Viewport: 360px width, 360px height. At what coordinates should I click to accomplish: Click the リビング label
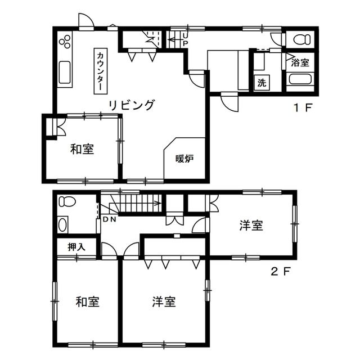131,105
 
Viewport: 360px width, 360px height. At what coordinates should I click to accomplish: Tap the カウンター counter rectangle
101,71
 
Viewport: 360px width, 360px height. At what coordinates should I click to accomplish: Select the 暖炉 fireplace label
184,159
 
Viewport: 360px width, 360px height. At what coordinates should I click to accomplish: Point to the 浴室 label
300,62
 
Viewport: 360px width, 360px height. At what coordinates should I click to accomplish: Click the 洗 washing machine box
262,83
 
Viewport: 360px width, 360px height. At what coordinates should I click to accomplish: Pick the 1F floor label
303,107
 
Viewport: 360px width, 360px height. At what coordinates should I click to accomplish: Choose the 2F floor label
281,272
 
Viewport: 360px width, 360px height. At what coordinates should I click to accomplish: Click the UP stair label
186,39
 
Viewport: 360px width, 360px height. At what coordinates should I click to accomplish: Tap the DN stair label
109,219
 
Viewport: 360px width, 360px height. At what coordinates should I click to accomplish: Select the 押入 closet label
76,247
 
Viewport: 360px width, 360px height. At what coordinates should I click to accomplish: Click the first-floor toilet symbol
301,39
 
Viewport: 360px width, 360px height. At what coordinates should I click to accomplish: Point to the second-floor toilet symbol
67,202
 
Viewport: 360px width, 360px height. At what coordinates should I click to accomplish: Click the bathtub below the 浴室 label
300,79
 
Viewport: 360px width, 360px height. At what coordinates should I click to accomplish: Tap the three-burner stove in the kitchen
65,42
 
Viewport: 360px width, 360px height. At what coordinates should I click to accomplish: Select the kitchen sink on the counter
65,73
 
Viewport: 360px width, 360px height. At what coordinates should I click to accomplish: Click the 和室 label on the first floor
82,148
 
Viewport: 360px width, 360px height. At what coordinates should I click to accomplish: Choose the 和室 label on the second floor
88,301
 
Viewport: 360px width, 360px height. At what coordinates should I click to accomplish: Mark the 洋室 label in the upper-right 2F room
251,225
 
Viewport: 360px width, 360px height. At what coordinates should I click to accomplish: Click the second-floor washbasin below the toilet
62,225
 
